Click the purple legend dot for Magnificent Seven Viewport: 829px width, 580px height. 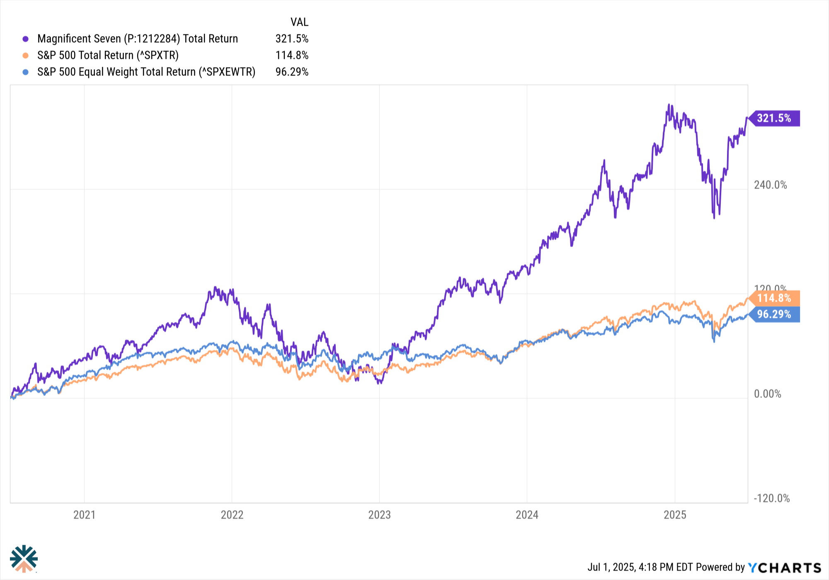coord(26,39)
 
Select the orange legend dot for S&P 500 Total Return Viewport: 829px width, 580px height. coord(26,56)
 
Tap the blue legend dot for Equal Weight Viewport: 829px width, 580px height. coord(26,72)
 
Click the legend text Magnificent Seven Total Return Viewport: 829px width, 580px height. coord(138,39)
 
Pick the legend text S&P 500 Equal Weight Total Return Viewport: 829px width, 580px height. coord(146,72)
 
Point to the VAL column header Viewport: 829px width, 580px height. coord(299,22)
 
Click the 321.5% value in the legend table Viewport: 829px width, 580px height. coord(292,39)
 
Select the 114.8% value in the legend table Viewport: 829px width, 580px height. coord(292,56)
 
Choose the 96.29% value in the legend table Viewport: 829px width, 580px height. coord(292,72)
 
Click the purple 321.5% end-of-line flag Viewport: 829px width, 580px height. coord(774,119)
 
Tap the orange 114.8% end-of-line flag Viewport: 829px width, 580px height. coord(774,298)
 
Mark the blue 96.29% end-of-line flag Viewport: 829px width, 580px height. coord(774,314)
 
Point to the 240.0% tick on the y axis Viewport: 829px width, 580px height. coord(770,185)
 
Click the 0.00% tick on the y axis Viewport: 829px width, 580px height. coord(767,394)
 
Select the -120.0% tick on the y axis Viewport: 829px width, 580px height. coord(771,498)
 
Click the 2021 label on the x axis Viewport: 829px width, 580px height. coord(84,515)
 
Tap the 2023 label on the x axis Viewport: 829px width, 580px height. coord(379,515)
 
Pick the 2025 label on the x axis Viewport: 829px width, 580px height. coord(675,515)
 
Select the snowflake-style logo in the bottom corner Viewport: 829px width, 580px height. coord(24,558)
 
